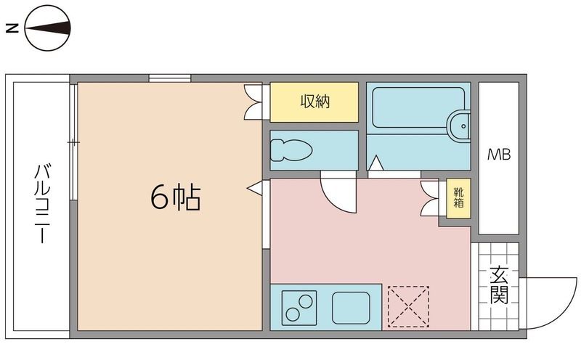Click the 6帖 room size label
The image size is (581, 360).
pos(175,197)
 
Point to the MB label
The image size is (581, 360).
pos(498,155)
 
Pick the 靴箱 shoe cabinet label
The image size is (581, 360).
pos(459,197)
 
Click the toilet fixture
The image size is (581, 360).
pos(291,150)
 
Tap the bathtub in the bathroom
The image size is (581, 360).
pos(415,109)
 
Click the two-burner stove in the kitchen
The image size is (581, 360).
pos(300,306)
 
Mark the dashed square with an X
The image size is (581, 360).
pos(408,306)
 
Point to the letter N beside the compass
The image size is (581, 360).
pos(11,29)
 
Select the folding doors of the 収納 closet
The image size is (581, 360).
pos(255,102)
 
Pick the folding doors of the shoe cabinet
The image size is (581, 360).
pos(431,197)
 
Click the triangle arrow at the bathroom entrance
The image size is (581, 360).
pos(375,165)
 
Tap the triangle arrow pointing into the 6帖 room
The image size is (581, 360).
pos(255,188)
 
